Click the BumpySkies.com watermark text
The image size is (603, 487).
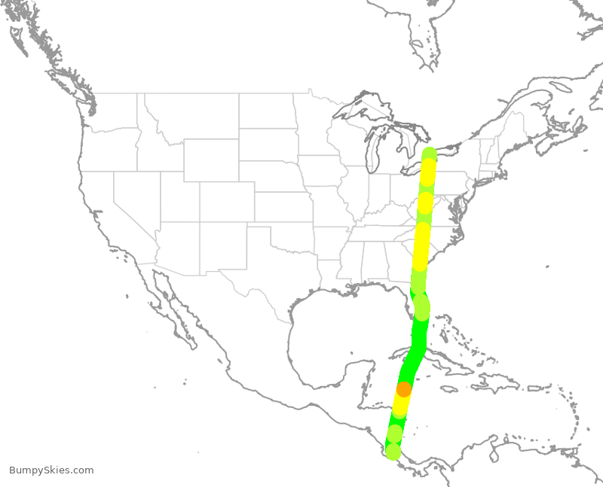click(x=51, y=470)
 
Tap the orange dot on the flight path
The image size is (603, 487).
click(x=404, y=389)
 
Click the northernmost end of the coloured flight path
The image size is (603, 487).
click(x=430, y=154)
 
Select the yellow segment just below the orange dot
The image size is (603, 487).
click(x=400, y=405)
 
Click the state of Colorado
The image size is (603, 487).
click(x=227, y=201)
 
